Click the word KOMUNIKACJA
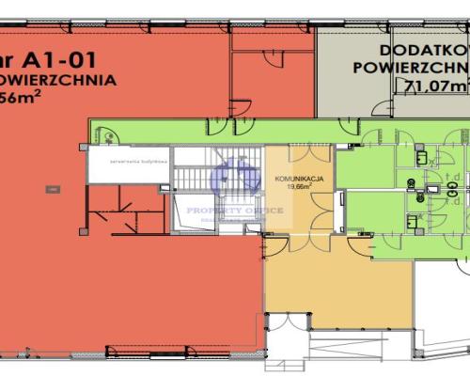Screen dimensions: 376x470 click(x=300, y=178)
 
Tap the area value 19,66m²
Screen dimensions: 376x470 click(x=299, y=186)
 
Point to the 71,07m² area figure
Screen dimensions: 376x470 click(x=437, y=86)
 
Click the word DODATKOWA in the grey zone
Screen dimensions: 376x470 click(x=423, y=50)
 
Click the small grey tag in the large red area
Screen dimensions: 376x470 click(x=48, y=189)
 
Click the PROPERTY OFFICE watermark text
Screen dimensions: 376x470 click(x=235, y=210)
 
